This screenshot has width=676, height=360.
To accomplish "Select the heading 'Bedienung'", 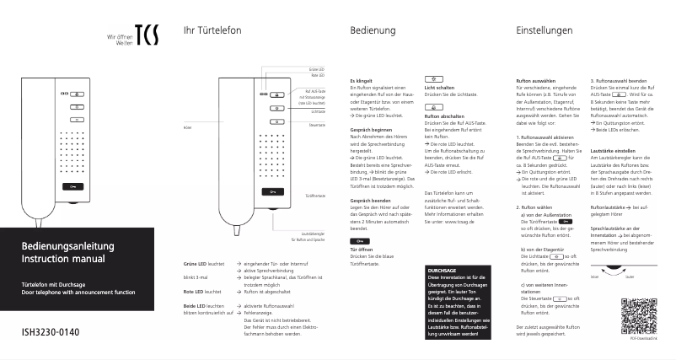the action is coord(373,31).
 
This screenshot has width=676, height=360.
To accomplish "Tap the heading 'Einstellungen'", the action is coord(547,31).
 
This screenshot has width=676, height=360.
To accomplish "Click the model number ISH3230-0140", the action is coord(50,331).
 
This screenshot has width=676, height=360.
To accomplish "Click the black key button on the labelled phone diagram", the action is coord(272,192).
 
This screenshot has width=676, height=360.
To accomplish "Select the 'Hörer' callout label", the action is coord(188,128).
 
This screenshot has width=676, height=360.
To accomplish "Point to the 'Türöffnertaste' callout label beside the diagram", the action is coord(315,194).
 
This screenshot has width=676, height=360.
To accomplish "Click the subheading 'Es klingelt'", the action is coord(360,82).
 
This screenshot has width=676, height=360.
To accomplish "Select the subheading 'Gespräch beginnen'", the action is coord(369,130).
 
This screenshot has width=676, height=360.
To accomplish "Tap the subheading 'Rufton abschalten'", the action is coord(443,116).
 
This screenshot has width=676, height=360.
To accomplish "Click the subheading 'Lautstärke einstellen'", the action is coord(618,149).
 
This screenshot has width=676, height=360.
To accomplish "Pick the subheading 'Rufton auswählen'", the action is coord(535,82).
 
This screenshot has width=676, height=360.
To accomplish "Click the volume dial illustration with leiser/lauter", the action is coord(620,271).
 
